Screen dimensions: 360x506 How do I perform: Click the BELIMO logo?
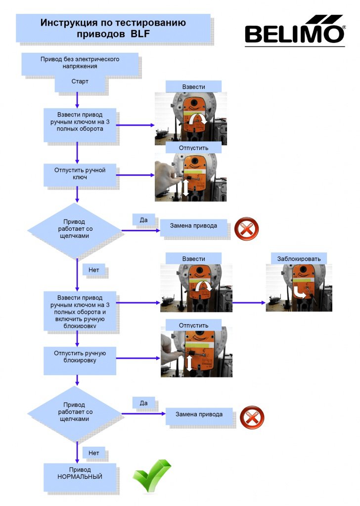295,30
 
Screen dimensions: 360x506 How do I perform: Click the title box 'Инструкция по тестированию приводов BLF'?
113,28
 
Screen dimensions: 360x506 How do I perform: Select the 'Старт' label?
80,82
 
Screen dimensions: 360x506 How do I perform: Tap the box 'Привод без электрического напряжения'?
80,64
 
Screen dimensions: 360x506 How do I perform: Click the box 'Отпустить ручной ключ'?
80,174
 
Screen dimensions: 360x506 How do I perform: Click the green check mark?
151,475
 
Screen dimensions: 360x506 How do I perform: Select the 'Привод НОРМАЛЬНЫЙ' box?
80,477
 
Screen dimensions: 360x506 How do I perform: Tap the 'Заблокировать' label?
299,258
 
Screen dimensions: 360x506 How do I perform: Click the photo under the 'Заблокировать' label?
299,288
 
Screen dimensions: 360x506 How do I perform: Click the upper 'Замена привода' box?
193,228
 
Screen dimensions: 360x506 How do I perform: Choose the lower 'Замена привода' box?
199,416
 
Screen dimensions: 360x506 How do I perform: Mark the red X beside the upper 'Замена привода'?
246,229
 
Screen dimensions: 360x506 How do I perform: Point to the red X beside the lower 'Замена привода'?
252,417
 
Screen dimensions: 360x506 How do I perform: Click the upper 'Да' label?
144,220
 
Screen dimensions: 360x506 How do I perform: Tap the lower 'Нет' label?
93,453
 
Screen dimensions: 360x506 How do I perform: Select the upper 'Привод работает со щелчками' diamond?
74,231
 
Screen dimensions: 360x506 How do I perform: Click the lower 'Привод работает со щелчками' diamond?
74,414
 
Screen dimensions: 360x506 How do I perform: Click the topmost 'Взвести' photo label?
193,87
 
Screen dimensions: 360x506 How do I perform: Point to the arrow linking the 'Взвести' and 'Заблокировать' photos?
249,303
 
